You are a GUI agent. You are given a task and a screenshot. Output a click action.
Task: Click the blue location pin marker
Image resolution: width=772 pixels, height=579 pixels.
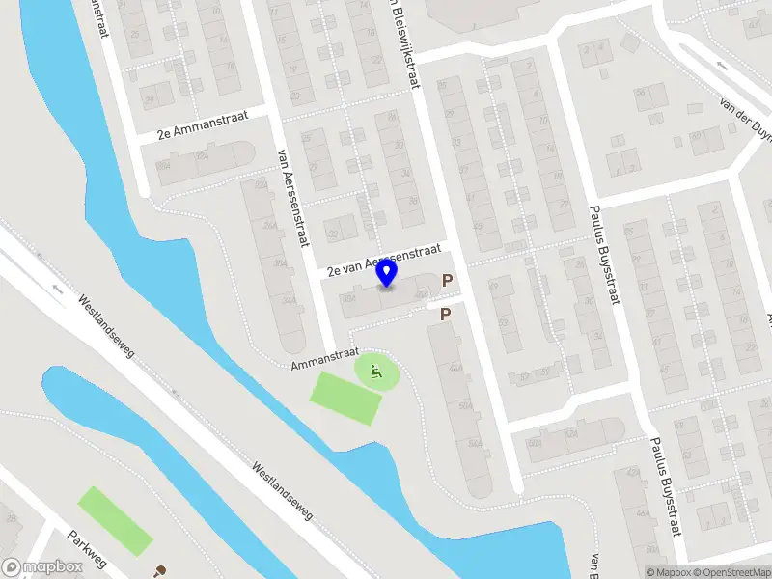pyautogui.click(x=387, y=275)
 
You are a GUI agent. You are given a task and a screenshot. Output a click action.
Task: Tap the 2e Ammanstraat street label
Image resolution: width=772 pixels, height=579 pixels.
pyautogui.click(x=195, y=126)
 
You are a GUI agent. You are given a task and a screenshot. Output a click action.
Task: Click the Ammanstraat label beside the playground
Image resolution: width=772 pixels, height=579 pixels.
pyautogui.click(x=325, y=359)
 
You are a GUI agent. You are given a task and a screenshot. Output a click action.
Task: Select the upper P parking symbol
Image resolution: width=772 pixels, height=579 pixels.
pyautogui.click(x=447, y=281)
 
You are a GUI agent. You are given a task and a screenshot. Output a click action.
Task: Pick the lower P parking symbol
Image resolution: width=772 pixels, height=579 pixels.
pyautogui.click(x=445, y=315)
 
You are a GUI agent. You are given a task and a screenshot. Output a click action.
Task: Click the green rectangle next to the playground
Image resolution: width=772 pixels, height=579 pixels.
pyautogui.click(x=344, y=397)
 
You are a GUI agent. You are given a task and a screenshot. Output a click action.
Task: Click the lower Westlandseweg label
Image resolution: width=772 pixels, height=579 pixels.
pyautogui.click(x=282, y=490)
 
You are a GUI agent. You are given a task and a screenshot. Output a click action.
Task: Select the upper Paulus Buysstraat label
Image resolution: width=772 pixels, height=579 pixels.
pyautogui.click(x=603, y=256)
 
